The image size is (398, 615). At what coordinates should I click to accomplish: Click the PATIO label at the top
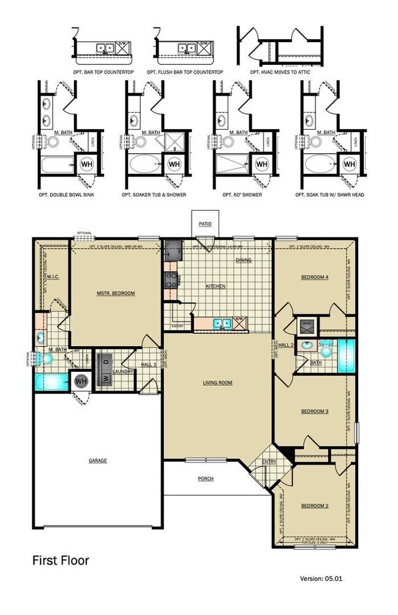click(205, 224)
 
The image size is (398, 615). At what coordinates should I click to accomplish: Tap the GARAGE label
click(97, 461)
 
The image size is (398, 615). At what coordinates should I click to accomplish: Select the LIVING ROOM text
click(218, 383)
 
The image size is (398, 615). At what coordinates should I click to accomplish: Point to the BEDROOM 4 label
click(315, 277)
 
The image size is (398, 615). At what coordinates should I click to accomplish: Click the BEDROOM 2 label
click(315, 506)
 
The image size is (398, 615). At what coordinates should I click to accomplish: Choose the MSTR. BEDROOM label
click(116, 293)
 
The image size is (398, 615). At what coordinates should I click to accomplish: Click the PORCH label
click(206, 478)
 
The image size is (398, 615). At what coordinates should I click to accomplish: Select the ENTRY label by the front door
click(269, 462)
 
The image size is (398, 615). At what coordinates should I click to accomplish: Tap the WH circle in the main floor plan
click(81, 381)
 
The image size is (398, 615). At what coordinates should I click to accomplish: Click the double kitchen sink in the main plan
click(222, 323)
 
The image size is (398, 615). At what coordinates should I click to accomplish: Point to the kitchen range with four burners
click(170, 281)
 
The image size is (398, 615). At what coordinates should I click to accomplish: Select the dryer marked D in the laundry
click(105, 361)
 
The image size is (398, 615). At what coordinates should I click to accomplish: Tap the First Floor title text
click(61, 560)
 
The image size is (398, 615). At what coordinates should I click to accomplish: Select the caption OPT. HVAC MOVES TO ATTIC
click(282, 72)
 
